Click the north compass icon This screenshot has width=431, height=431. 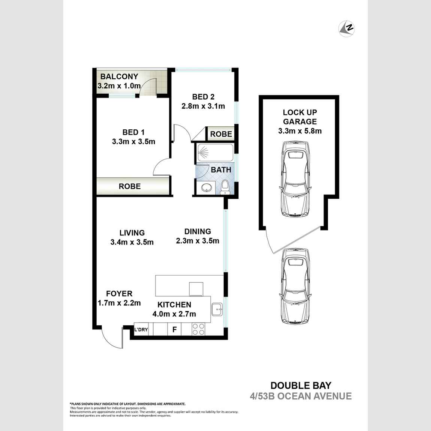pyautogui.click(x=347, y=28)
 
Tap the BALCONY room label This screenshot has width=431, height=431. pyautogui.click(x=119, y=76)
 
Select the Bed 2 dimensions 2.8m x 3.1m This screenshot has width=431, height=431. pyautogui.click(x=203, y=106)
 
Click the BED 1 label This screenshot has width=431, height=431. pyautogui.click(x=133, y=132)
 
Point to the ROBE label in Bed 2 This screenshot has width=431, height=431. pyautogui.click(x=221, y=134)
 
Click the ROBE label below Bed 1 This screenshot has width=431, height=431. pyautogui.click(x=130, y=186)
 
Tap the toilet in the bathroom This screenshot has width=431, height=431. pyautogui.click(x=225, y=186)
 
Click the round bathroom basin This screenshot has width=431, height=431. pyautogui.click(x=206, y=188)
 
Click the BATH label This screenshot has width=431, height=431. pyautogui.click(x=221, y=170)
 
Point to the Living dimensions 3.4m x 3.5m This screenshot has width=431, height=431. pyautogui.click(x=132, y=242)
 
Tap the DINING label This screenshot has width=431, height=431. pyautogui.click(x=198, y=232)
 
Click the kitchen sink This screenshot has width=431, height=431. pyautogui.click(x=217, y=310)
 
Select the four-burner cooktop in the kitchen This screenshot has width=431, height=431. pyautogui.click(x=198, y=329)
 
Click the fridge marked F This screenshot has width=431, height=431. pyautogui.click(x=174, y=330)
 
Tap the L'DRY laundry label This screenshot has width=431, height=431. pyautogui.click(x=141, y=330)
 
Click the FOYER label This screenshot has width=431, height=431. pyautogui.click(x=119, y=293)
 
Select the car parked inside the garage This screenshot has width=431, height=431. pyautogui.click(x=296, y=179)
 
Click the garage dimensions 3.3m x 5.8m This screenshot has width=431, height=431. pyautogui.click(x=300, y=131)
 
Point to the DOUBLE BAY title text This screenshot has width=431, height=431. pyautogui.click(x=301, y=385)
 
